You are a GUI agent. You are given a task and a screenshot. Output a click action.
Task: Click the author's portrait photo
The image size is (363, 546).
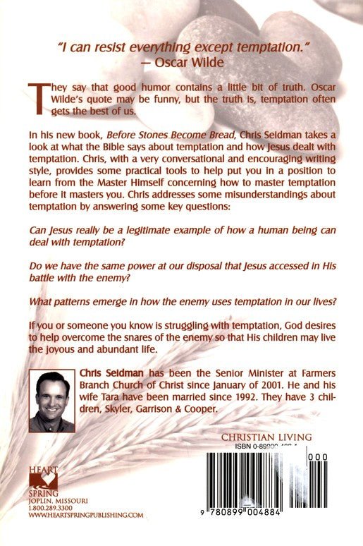click(x=51, y=401)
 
